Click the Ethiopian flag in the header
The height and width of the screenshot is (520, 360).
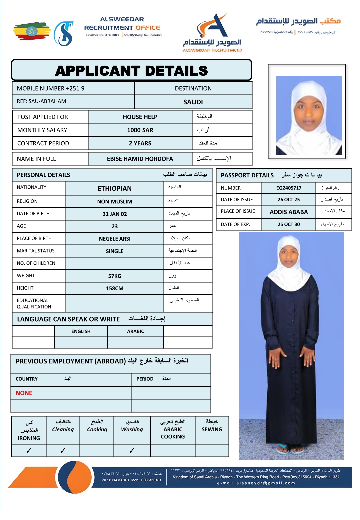click(x=32, y=31)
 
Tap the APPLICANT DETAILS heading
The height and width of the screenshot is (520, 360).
click(x=131, y=71)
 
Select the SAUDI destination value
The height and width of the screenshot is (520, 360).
click(x=193, y=102)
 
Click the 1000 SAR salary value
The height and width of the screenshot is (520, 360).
click(x=140, y=130)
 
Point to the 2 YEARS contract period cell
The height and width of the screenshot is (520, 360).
click(x=140, y=143)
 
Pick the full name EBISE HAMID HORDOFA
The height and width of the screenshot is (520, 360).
click(x=140, y=159)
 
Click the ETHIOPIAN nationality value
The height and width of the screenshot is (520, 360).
click(x=115, y=188)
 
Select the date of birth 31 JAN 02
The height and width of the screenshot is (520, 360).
click(x=115, y=214)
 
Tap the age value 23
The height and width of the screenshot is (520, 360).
click(x=115, y=226)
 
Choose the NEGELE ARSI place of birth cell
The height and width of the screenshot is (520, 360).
click(x=115, y=239)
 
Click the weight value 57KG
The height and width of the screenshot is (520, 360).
click(x=115, y=276)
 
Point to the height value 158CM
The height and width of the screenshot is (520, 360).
click(x=115, y=288)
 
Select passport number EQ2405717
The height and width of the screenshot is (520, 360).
click(x=289, y=188)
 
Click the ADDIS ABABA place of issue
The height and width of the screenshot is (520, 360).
click(x=289, y=212)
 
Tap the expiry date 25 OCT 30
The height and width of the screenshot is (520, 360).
click(x=289, y=224)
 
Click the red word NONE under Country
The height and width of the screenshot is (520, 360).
click(x=24, y=393)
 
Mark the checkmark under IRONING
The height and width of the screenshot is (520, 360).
click(x=29, y=451)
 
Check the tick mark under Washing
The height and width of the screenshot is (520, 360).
click(x=132, y=451)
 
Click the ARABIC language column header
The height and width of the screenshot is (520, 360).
click(x=135, y=331)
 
